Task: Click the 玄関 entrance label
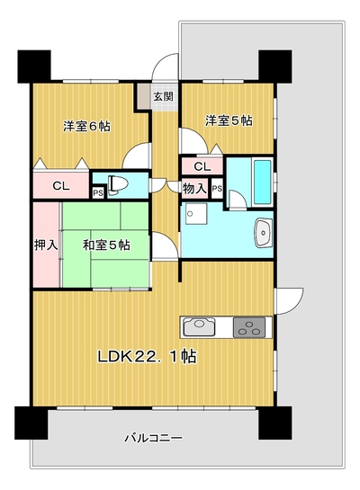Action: [x=163, y=96]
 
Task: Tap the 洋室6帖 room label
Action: [x=86, y=127]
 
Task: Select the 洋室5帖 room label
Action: [x=229, y=120]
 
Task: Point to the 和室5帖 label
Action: [x=106, y=245]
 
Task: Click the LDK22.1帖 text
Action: [x=148, y=356]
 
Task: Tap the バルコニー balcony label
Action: [x=153, y=438]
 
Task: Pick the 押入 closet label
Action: [x=46, y=245]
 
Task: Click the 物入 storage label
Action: [x=194, y=189]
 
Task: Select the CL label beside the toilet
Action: [x=61, y=186]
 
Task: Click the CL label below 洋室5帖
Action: [x=202, y=166]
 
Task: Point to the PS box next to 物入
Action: [x=217, y=189]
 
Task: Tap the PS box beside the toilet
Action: [x=98, y=192]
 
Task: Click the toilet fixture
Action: [x=118, y=184]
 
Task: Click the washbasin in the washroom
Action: [x=264, y=233]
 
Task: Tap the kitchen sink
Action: [x=199, y=327]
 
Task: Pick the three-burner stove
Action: [x=249, y=327]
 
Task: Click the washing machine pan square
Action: [x=196, y=214]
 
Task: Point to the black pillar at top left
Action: [x=34, y=67]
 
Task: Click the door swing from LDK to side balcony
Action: [x=289, y=300]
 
